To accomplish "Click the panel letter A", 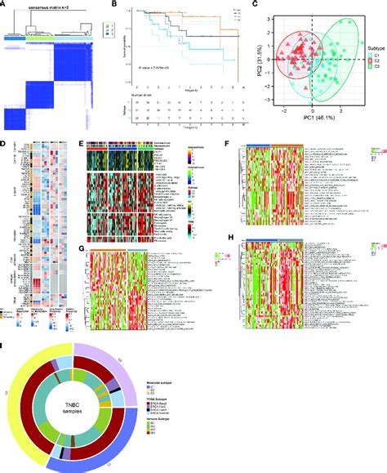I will click(4, 5).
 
